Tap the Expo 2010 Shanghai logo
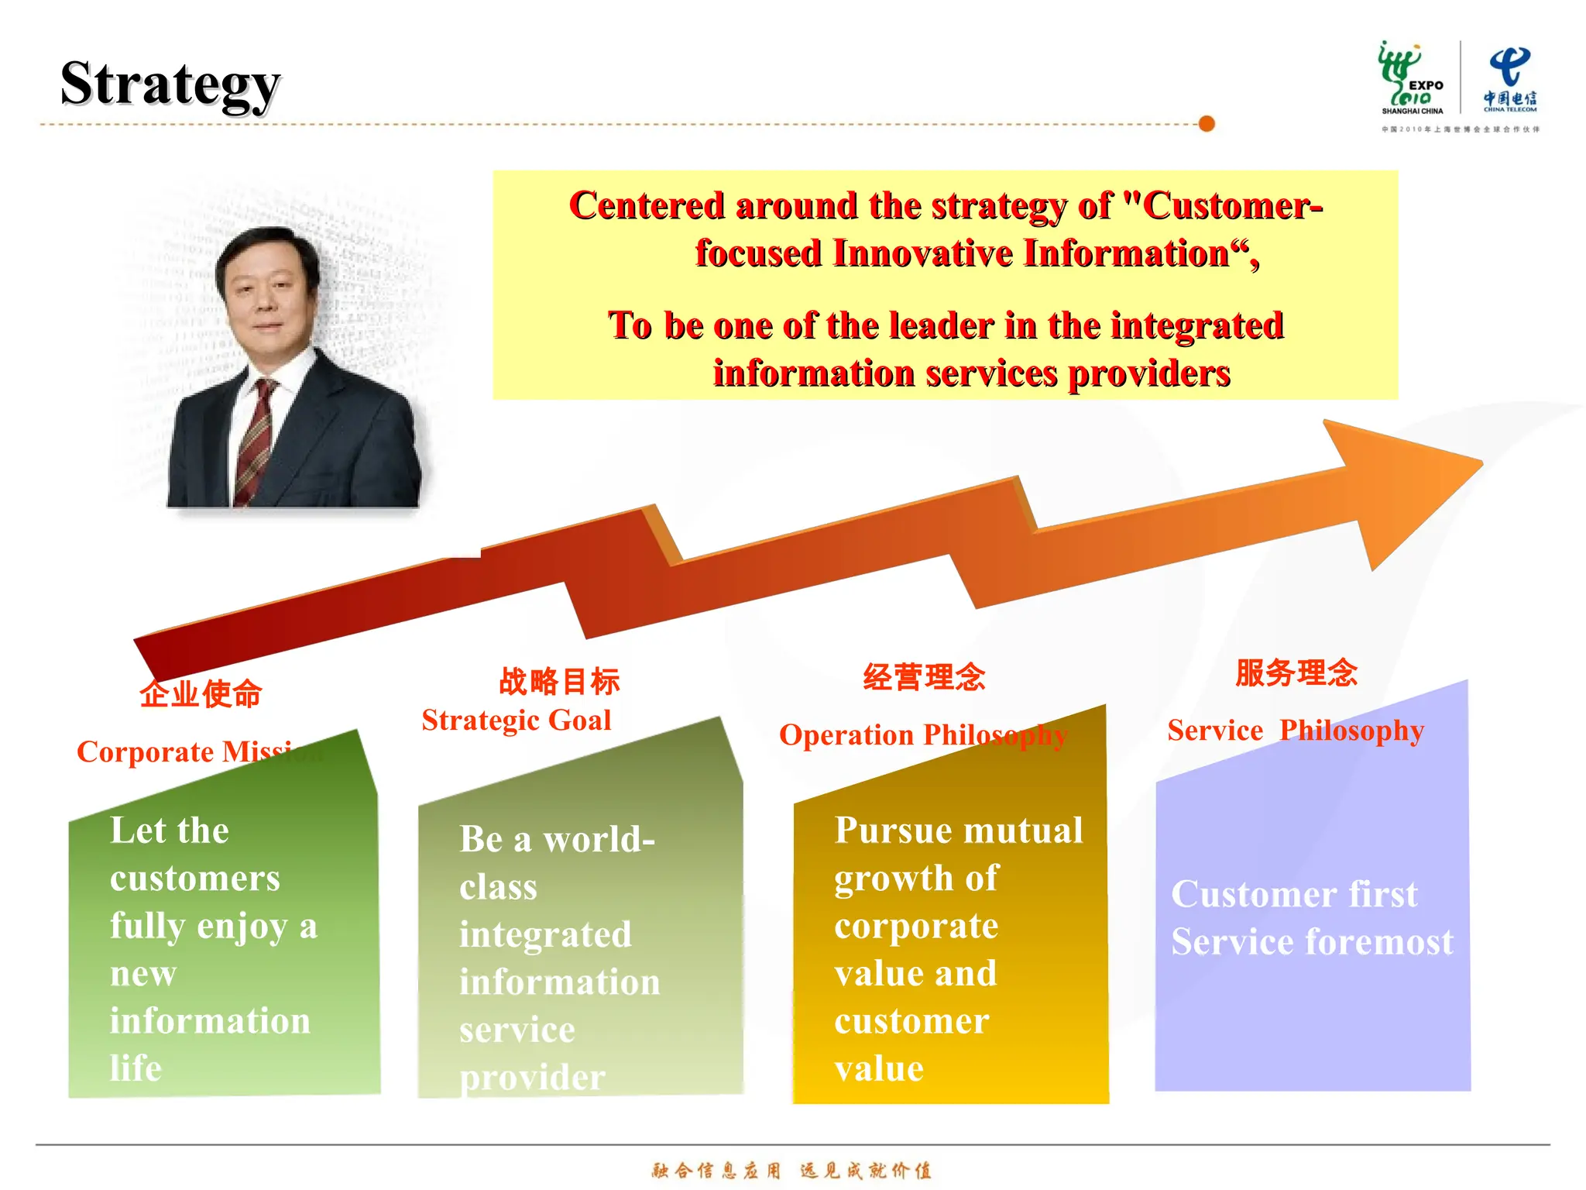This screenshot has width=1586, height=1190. tap(1411, 77)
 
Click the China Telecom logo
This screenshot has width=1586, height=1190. tap(1509, 77)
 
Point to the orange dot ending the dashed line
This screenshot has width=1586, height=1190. tap(1206, 124)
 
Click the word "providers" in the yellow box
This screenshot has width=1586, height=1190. tap(1149, 373)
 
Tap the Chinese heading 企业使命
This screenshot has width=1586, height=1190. tap(201, 693)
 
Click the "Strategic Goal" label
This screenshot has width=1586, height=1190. tap(517, 721)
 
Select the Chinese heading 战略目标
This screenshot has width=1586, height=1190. tap(559, 681)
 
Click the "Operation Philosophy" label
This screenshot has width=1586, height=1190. tap(923, 735)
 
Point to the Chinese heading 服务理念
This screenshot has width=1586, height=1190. tap(1296, 672)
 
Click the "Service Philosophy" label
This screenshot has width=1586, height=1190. tap(1296, 731)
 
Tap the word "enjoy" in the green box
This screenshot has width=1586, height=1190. tap(242, 927)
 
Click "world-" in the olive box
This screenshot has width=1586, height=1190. tap(599, 840)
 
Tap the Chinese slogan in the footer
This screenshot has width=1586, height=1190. tap(791, 1170)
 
